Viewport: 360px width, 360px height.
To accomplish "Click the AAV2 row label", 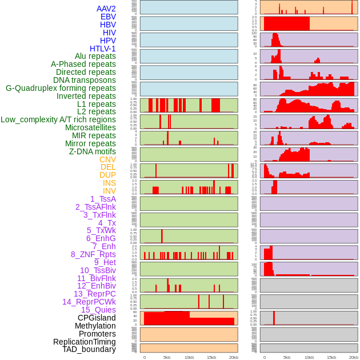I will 106,9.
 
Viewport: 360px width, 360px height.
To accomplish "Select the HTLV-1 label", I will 103,49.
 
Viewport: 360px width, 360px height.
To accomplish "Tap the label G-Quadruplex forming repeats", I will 61,88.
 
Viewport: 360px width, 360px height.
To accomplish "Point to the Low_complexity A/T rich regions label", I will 58,119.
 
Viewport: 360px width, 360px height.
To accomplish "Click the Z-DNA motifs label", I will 93,151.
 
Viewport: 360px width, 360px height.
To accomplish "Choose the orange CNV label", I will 107,159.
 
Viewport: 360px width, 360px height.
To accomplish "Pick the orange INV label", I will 109,191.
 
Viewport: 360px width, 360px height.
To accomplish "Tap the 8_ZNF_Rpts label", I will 93,254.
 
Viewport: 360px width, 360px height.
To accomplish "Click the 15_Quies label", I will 98,310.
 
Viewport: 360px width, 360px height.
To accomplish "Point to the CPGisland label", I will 97,318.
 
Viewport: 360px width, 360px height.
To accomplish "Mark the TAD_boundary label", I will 89,349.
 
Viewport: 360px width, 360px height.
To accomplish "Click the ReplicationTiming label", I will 85,342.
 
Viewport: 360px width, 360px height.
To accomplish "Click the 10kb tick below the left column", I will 189,357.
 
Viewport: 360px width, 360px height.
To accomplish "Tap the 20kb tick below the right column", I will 354,357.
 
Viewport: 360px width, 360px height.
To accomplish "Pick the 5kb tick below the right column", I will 287,357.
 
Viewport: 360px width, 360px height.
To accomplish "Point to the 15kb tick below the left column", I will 211,357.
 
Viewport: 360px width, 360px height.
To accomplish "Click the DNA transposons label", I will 85,80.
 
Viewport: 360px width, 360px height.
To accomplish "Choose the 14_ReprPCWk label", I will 89,302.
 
